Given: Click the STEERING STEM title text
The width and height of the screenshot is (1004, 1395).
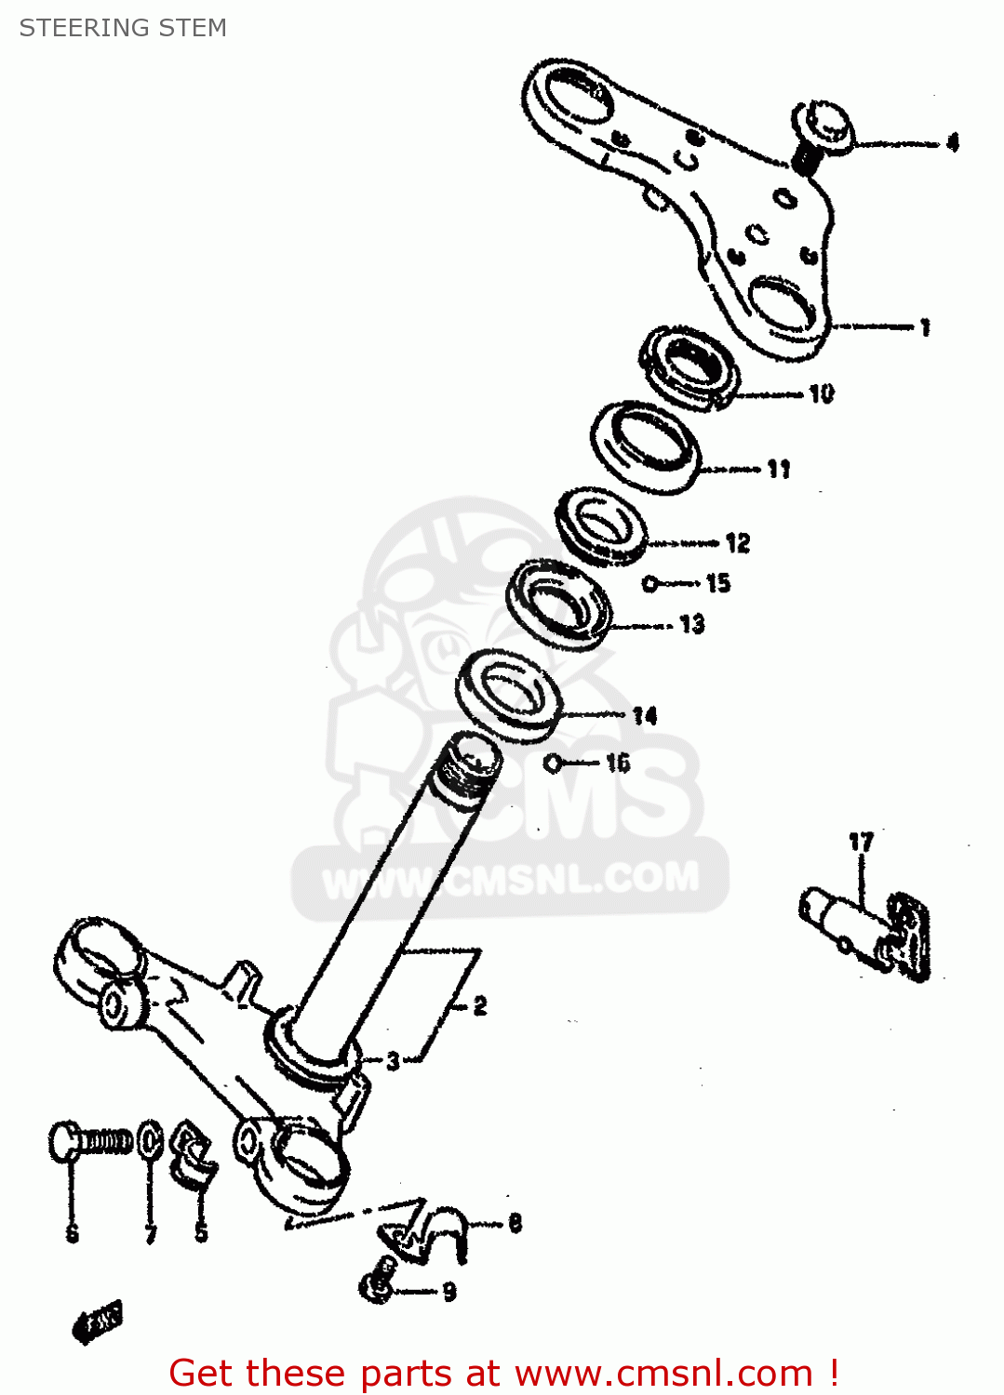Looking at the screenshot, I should click(123, 28).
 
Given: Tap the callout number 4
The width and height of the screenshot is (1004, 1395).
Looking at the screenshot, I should click(952, 142).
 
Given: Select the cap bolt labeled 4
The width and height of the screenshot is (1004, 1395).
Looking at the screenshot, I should click(823, 128).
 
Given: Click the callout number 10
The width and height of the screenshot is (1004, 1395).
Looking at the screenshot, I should click(821, 393).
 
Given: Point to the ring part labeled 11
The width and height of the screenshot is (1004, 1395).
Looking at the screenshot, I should click(646, 446).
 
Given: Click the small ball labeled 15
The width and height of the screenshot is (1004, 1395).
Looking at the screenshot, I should click(650, 584).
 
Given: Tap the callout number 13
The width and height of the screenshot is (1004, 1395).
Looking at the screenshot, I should click(691, 624).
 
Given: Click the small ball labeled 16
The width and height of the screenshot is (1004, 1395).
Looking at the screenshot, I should click(553, 764).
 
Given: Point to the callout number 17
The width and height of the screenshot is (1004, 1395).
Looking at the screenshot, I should click(861, 842).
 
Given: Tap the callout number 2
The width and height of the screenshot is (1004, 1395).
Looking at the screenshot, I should click(479, 1005).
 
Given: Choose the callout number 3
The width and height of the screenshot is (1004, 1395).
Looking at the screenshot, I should click(393, 1060).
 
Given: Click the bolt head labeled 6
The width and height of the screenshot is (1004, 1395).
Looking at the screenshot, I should click(64, 1141).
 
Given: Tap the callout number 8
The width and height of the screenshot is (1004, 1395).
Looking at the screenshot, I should click(515, 1223).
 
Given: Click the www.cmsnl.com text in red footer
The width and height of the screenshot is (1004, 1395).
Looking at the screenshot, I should click(663, 1373).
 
